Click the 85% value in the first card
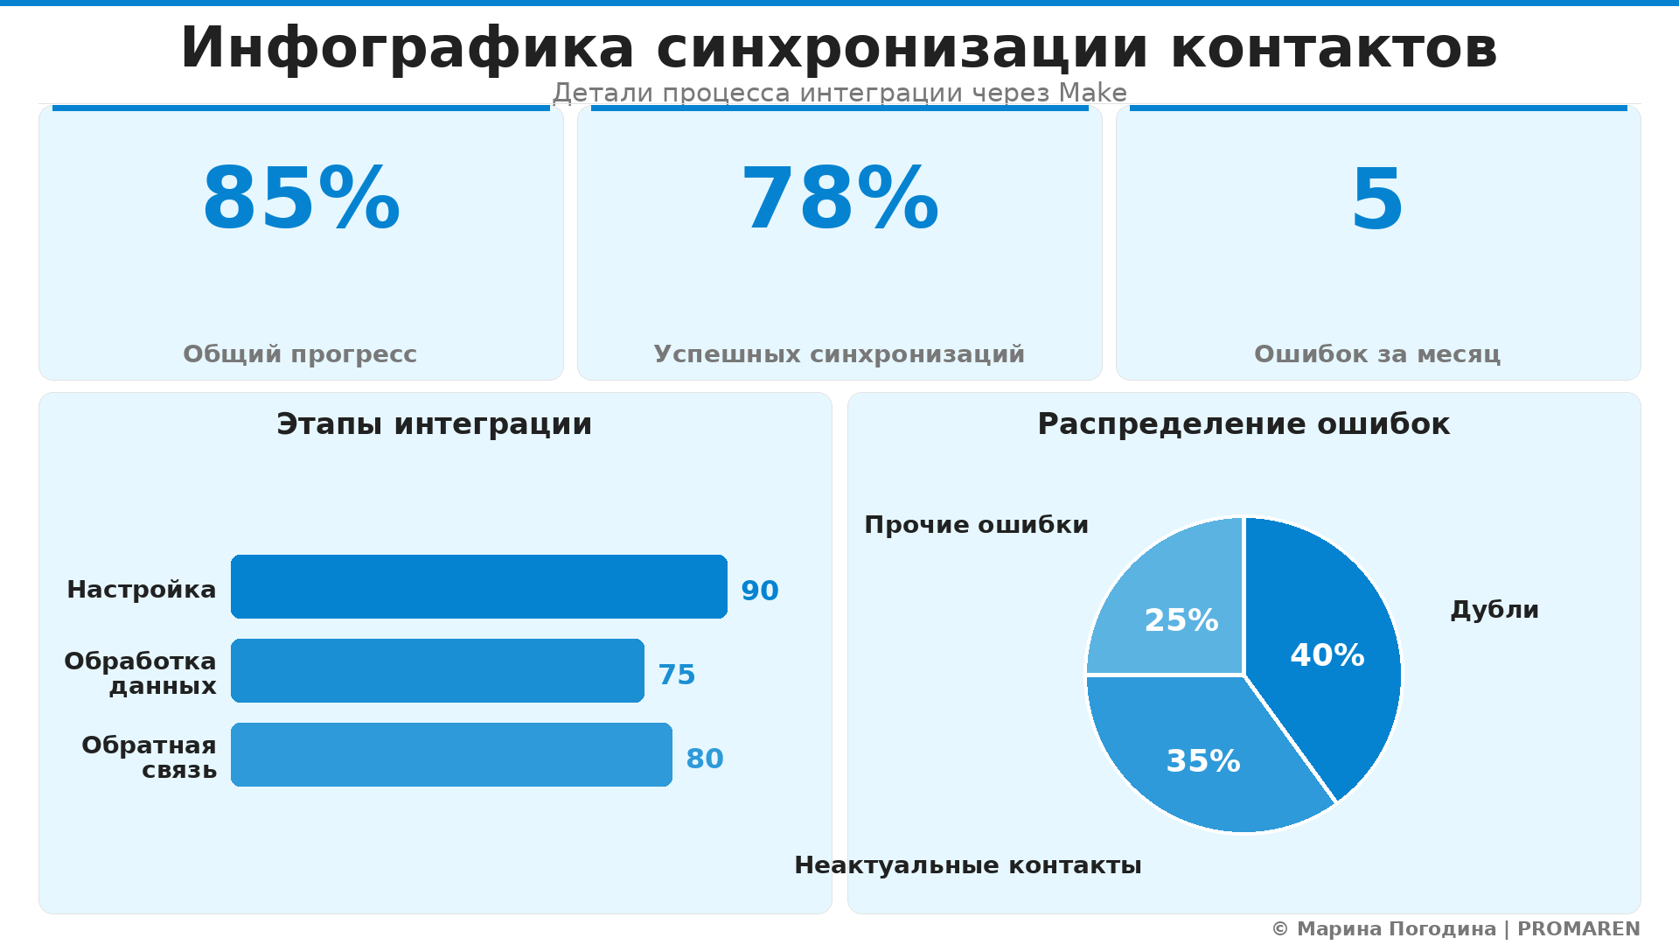coord(301,200)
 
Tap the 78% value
coord(839,200)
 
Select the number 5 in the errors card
coord(1377,200)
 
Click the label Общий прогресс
coord(300,354)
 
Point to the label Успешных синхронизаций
coord(839,354)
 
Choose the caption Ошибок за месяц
coord(1377,354)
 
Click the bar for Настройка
coord(478,586)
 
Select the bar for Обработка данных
coord(437,670)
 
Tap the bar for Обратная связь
coord(451,754)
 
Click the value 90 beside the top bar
coord(759,591)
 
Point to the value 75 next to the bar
coord(676,675)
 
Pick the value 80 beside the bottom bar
coord(704,759)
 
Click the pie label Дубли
coord(1494,610)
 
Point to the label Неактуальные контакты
coord(967,865)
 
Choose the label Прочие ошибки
coord(976,525)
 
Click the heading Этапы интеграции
coord(435,424)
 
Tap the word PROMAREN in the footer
coord(1578,929)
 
